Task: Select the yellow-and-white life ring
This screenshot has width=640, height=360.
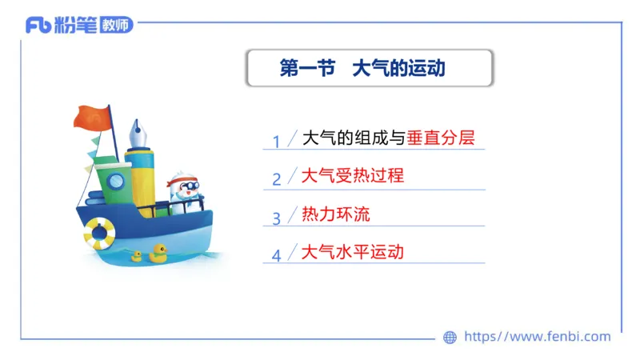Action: point(99,232)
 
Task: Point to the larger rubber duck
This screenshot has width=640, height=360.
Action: point(158,254)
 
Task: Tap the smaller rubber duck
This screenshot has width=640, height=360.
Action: point(137,256)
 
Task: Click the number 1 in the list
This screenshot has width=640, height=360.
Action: point(276,142)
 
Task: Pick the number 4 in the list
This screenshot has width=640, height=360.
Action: point(276,256)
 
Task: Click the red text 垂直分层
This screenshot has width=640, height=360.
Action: point(446,138)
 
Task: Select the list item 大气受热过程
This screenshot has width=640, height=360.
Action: point(353,175)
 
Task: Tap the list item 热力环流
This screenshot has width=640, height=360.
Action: point(335,214)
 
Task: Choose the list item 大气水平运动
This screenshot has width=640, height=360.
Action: point(353,252)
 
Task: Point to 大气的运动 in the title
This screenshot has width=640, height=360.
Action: point(398,69)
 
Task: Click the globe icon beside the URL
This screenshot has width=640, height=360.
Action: point(450,338)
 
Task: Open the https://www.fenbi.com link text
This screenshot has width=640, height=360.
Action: point(537,337)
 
